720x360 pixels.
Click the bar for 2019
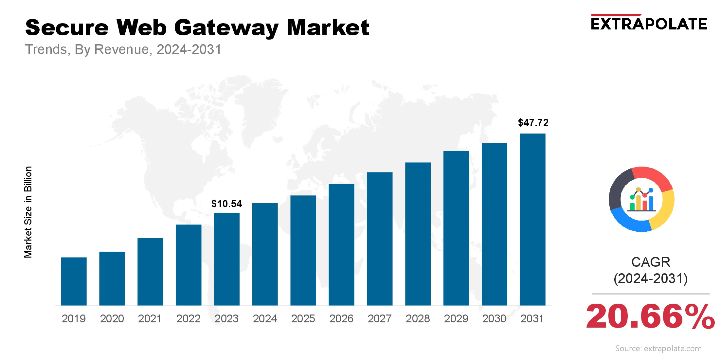[74, 281]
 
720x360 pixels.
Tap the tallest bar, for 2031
[532, 219]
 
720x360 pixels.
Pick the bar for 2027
[380, 239]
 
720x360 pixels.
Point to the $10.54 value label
[226, 204]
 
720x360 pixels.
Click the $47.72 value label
[533, 123]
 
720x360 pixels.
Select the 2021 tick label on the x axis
[150, 318]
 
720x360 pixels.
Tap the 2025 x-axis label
[303, 318]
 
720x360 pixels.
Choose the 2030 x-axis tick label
[494, 318]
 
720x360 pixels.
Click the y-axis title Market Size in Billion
[28, 212]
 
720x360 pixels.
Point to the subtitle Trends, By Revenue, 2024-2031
[123, 49]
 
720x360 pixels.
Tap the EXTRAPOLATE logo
[649, 24]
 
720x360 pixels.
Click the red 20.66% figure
[650, 316]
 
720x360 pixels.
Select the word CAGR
[651, 262]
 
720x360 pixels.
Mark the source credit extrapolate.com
[658, 349]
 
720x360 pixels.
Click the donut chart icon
[641, 199]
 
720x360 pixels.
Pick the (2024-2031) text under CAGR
[651, 279]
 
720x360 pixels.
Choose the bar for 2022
[189, 265]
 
